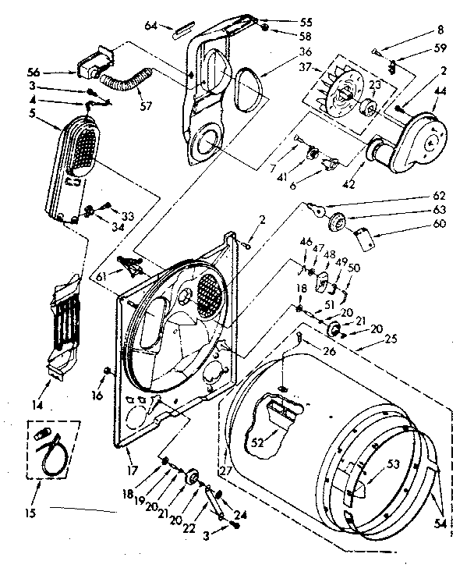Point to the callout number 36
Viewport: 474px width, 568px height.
pos(275,52)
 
